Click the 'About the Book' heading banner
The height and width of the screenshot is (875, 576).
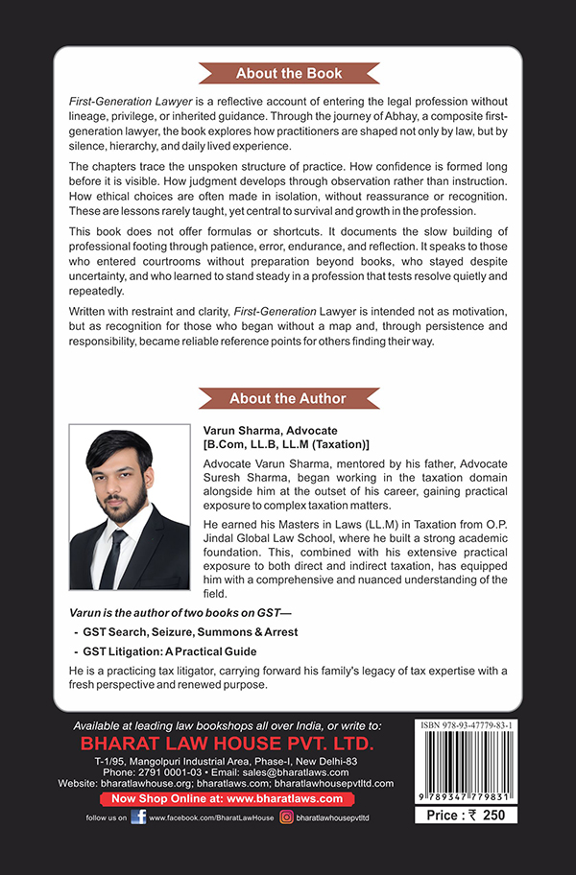(288, 74)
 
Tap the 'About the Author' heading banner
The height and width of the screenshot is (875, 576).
(288, 398)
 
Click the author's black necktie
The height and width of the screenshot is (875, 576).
(113, 556)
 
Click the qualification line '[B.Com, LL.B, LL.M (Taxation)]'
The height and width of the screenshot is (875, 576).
(286, 445)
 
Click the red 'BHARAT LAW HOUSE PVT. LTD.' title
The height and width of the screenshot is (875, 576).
(233, 744)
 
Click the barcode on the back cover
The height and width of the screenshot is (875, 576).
(466, 768)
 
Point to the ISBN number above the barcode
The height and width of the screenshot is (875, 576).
(466, 726)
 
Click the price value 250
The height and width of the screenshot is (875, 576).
(492, 815)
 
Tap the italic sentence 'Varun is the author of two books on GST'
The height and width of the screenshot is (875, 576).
(173, 612)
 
